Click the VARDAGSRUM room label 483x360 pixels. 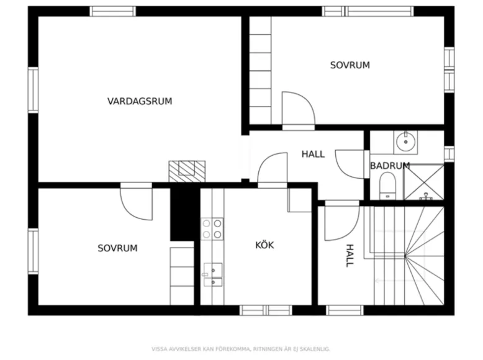pyautogui.click(x=140, y=101)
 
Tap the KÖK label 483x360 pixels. pyautogui.click(x=264, y=245)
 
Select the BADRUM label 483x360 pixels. pyautogui.click(x=389, y=166)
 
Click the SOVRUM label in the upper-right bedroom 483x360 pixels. pyautogui.click(x=350, y=65)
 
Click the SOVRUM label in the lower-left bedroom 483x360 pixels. pyautogui.click(x=117, y=248)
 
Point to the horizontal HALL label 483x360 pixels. pyautogui.click(x=313, y=155)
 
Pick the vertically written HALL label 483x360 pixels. pyautogui.click(x=350, y=255)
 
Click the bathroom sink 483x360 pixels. pyautogui.click(x=406, y=142)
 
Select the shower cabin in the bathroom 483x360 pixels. pyautogui.click(x=424, y=182)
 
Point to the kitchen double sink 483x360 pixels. pyautogui.click(x=212, y=274)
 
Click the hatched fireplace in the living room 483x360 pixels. pyautogui.click(x=187, y=170)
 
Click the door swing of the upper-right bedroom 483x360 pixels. pyautogui.click(x=297, y=109)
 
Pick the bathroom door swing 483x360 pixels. pyautogui.click(x=350, y=165)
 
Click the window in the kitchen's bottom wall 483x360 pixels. pyautogui.click(x=266, y=310)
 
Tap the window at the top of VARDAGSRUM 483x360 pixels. pyautogui.click(x=112, y=11)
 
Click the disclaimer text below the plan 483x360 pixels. pyautogui.click(x=241, y=349)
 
